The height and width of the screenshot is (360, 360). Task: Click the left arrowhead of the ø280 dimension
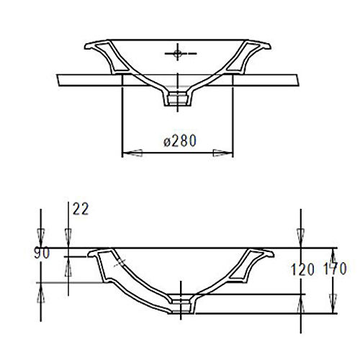[x=129, y=153]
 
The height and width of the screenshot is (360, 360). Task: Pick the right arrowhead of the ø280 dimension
[x=226, y=153]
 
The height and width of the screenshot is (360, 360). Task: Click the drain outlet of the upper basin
[x=176, y=99]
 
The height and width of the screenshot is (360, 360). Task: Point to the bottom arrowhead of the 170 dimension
[x=333, y=309]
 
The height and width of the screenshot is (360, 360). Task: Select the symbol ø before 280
[x=166, y=141]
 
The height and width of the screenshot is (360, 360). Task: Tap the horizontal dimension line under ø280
[x=178, y=153]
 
